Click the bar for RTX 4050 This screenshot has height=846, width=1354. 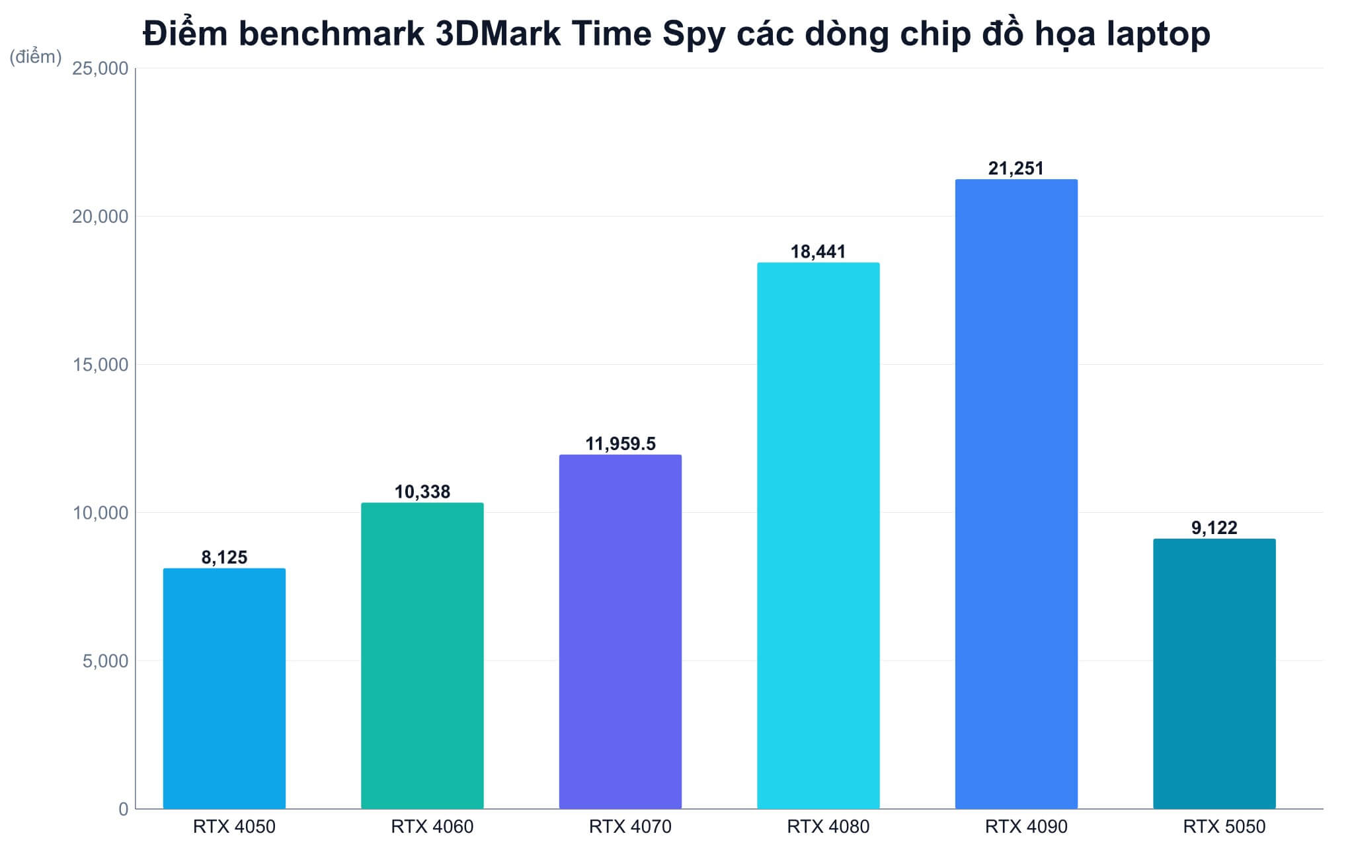pos(224,688)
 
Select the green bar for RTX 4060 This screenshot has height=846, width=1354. pos(422,656)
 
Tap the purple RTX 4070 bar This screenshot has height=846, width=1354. pos(620,631)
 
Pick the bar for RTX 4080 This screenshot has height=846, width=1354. pos(818,535)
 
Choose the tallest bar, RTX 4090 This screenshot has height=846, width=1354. pos(1016,494)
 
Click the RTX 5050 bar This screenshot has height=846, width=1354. pos(1215,673)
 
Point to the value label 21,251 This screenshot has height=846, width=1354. pos(1016,169)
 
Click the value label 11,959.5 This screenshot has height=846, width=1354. pos(620,443)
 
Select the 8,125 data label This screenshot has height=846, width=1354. pos(224,558)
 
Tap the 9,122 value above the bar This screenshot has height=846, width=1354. pos(1215,528)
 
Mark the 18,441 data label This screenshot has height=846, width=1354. pos(818,252)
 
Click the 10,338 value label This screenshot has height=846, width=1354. pos(422,492)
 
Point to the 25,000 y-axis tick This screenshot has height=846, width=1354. pos(100,69)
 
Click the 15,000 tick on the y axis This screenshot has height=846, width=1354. pos(100,365)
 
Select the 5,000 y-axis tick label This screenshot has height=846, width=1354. pos(105,661)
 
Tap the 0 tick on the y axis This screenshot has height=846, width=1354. pos(124,809)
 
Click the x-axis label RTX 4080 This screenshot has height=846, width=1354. pos(828,827)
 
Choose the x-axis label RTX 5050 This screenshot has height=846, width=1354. pos(1224,827)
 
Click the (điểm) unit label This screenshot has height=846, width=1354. pos(36,58)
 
